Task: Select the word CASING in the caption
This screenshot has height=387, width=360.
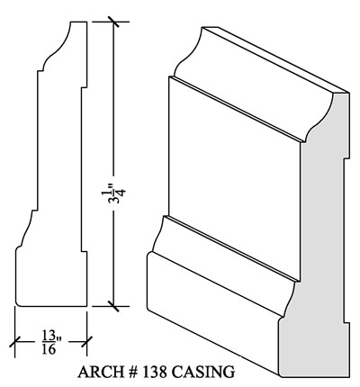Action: (203, 372)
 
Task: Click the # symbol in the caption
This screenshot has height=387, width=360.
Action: (133, 372)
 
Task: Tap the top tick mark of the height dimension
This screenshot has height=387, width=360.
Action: (113, 22)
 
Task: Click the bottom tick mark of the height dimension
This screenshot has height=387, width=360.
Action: (113, 306)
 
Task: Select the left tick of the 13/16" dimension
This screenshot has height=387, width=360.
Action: (14, 342)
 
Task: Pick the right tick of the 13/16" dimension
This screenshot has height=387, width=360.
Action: (86, 342)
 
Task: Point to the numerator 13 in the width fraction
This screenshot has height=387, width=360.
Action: (49, 336)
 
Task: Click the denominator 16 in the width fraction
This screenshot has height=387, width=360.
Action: (49, 349)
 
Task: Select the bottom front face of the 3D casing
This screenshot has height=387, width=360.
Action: (213, 313)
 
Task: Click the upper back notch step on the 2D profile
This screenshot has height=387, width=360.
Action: (84, 88)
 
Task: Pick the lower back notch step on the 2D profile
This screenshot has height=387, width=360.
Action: (84, 251)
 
